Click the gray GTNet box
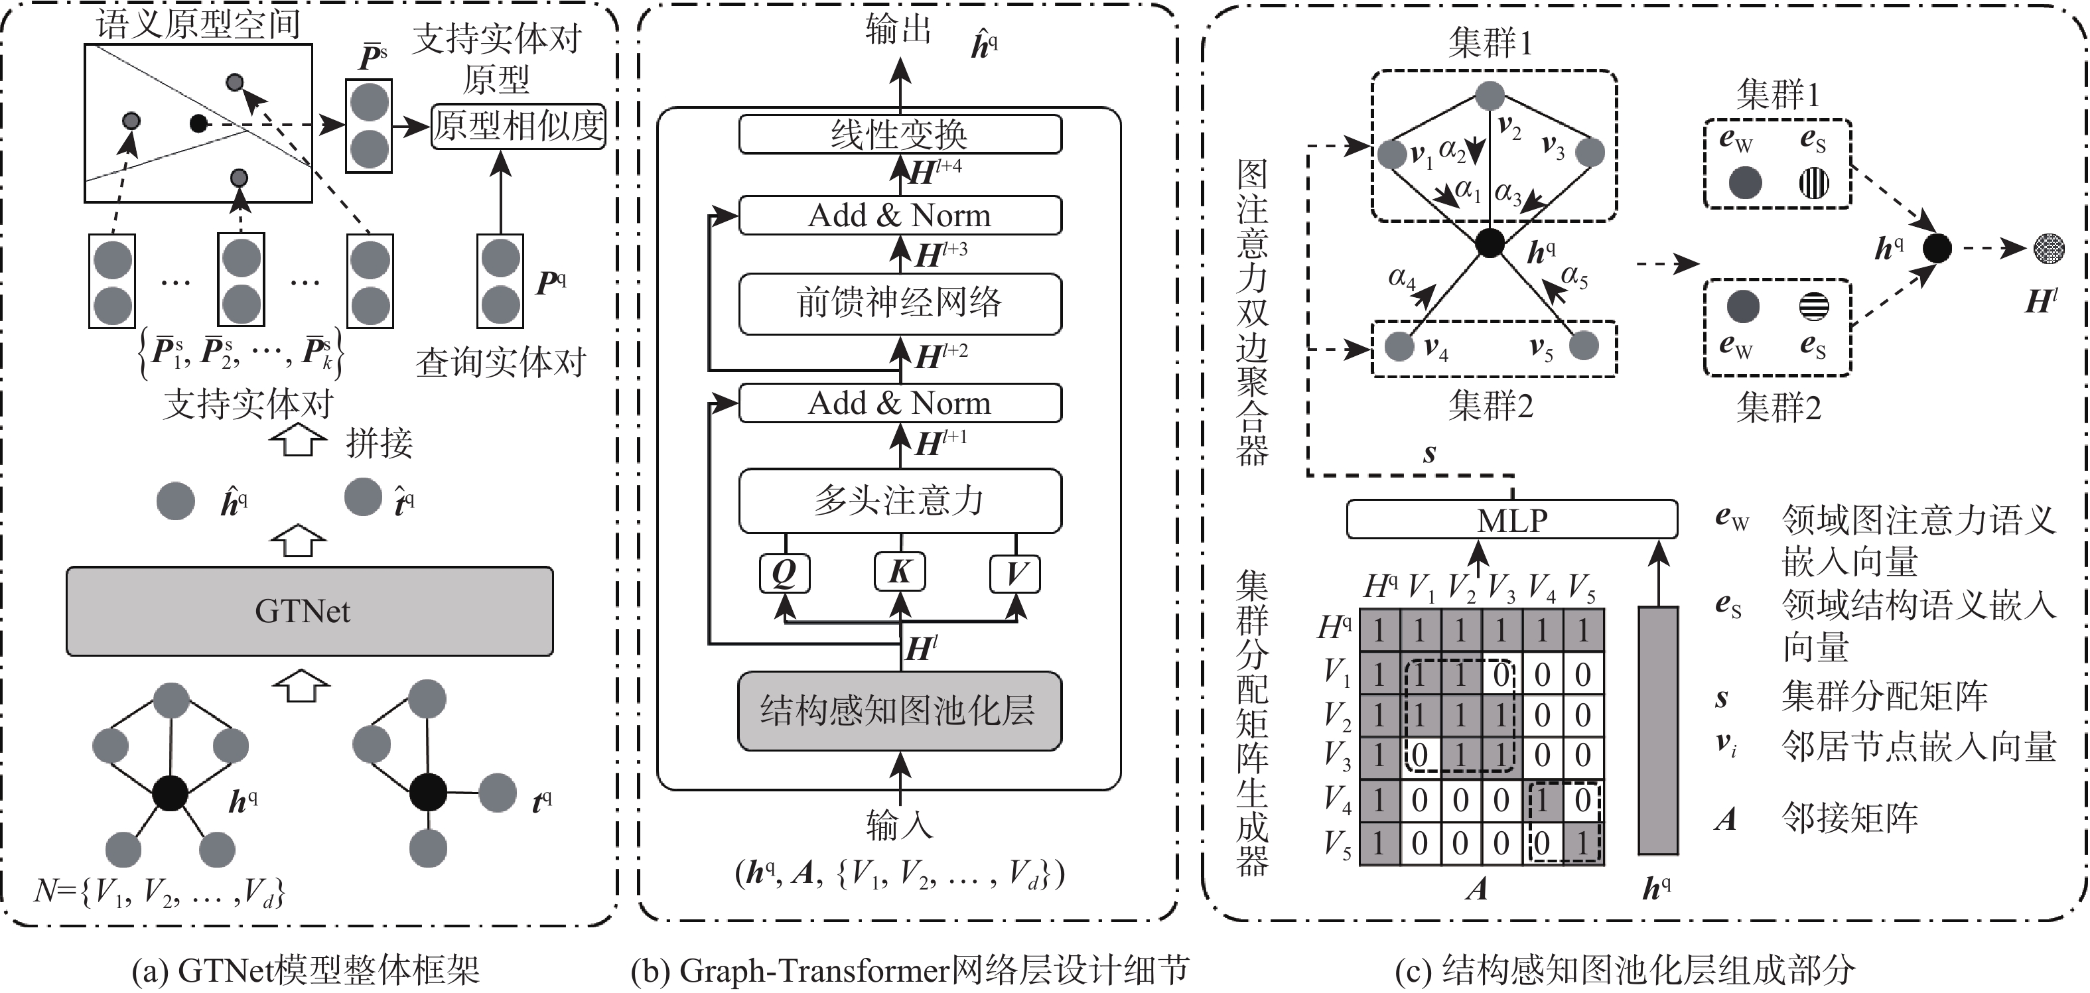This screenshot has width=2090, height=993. pyautogui.click(x=309, y=611)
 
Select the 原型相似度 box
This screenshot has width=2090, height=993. pyautogui.click(x=518, y=126)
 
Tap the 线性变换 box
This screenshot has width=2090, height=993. pyautogui.click(x=900, y=134)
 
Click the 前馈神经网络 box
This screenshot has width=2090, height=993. pyautogui.click(x=900, y=303)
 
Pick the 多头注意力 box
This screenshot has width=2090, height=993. pyautogui.click(x=900, y=501)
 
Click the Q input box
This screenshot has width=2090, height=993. pyautogui.click(x=784, y=572)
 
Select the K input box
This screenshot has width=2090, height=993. pyautogui.click(x=900, y=572)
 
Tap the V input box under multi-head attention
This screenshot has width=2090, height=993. pyautogui.click(x=1015, y=572)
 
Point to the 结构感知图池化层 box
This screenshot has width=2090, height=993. pyautogui.click(x=899, y=710)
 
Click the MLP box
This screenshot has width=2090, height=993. pyautogui.click(x=1511, y=519)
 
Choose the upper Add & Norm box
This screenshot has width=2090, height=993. pyautogui.click(x=900, y=216)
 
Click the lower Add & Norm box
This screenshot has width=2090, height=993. pyautogui.click(x=900, y=403)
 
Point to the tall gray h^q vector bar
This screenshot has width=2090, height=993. pyautogui.click(x=1657, y=730)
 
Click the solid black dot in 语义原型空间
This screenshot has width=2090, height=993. pyautogui.click(x=198, y=123)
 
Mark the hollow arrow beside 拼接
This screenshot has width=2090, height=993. pyautogui.click(x=299, y=442)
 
